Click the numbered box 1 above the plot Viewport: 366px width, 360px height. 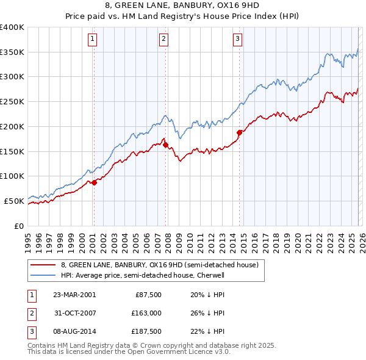click(x=93, y=40)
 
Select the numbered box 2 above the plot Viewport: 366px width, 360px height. click(x=165, y=40)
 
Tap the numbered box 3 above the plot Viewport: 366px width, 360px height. click(x=237, y=40)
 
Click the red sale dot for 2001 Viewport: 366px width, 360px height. click(x=94, y=182)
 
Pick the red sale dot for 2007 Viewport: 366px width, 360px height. click(x=166, y=145)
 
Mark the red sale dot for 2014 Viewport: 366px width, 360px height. click(x=239, y=132)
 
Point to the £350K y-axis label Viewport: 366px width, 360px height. click(x=12, y=52)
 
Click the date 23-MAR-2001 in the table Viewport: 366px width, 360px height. click(x=74, y=294)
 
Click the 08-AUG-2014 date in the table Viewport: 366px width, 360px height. click(x=74, y=332)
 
